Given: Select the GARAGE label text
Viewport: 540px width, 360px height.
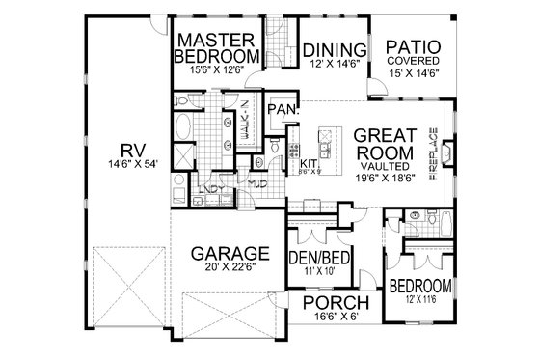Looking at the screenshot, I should tap(229, 254).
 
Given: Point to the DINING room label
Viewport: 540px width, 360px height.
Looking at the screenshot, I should tap(335, 50).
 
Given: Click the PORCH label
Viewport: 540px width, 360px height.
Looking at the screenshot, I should tap(337, 306).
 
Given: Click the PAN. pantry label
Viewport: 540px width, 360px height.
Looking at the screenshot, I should tap(282, 109).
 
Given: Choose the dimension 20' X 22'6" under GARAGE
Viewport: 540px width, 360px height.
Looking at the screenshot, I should tap(229, 271).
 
